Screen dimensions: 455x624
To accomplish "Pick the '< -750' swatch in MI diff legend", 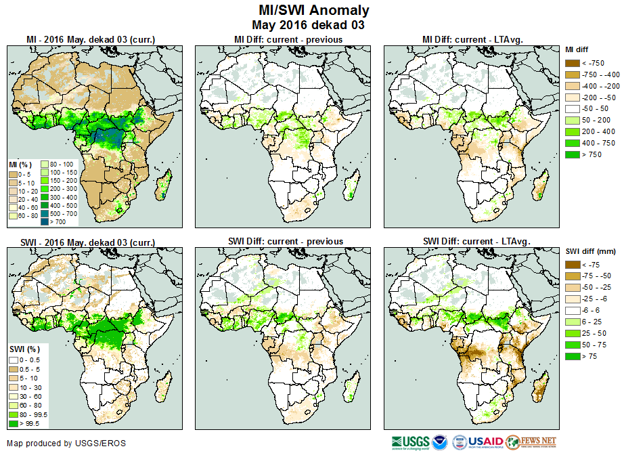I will click(574, 63).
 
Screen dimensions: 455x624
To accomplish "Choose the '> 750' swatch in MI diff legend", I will click(574, 155).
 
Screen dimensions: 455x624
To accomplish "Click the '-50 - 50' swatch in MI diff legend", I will click(574, 109).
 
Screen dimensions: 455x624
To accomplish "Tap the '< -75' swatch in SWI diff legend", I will click(574, 265).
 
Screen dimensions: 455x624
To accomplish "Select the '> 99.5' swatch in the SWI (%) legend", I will click(14, 423).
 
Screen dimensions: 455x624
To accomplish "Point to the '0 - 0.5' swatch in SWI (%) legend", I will click(14, 359).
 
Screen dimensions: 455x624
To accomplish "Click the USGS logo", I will click(409, 442).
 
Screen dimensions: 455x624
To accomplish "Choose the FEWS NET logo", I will click(531, 442).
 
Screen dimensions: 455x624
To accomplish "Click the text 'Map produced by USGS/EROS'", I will click(66, 443).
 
